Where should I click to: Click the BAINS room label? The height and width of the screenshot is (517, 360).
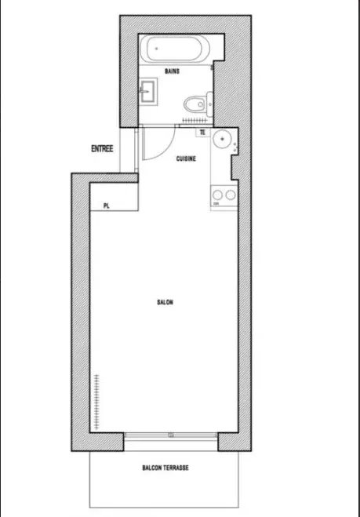[172, 71]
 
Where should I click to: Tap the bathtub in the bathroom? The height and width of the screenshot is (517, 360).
[175, 49]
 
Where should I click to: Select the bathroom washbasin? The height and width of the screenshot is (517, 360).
[148, 92]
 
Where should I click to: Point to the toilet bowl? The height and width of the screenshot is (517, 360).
[195, 104]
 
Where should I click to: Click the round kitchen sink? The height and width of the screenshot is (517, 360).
[221, 139]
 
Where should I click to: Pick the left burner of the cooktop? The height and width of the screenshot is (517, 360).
[217, 195]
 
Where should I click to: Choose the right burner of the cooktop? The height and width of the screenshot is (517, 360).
[231, 195]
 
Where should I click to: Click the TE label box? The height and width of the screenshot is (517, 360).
[203, 133]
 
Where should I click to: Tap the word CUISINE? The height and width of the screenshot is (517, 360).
[186, 159]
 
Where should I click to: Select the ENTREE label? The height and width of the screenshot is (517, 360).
[102, 149]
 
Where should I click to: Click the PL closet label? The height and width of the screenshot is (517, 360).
[106, 206]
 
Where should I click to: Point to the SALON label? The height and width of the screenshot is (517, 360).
[165, 302]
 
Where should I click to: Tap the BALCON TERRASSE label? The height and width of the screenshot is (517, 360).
[165, 468]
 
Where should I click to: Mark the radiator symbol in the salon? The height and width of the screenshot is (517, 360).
[96, 402]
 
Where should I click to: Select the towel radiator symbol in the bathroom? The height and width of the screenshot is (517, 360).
[195, 120]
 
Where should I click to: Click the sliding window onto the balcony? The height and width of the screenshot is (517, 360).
[171, 435]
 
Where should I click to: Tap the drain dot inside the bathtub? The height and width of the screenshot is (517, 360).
[157, 49]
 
